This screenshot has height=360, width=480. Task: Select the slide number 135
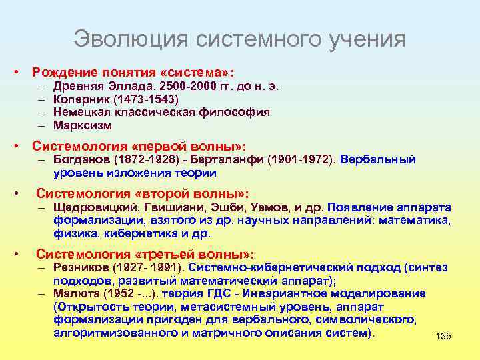[443, 337]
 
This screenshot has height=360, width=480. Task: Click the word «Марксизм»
[83, 125]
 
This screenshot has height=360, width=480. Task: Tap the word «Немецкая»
[81, 112]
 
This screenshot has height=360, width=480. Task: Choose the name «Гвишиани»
[167, 207]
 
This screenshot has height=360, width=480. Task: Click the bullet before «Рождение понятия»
[22, 71]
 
